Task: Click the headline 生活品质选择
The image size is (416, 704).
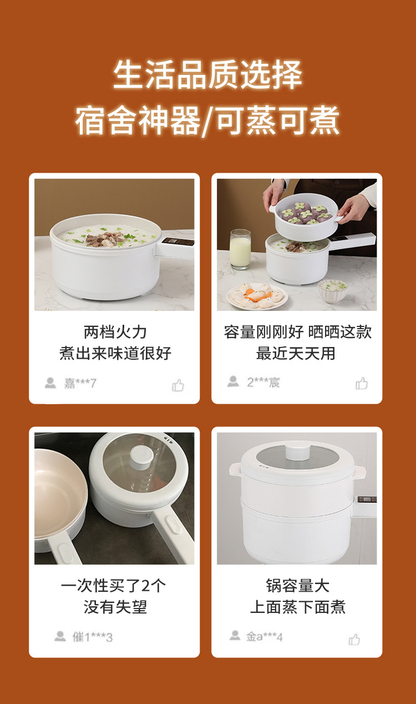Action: coord(207,75)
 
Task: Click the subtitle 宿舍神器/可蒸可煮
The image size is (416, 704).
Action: coord(207,120)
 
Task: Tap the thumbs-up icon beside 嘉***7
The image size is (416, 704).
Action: coord(178,385)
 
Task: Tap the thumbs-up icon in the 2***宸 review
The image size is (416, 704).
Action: coord(362,383)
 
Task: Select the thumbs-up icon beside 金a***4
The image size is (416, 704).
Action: coord(354,639)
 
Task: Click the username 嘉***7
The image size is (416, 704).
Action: coord(80,383)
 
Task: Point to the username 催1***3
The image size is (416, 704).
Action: coord(92,637)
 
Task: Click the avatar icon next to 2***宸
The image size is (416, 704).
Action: coord(233,381)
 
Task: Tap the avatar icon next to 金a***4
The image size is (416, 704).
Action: coord(235,635)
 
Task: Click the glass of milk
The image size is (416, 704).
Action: coord(240,249)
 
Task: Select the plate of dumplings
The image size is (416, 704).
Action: coord(257,296)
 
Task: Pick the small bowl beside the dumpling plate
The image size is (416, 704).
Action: coord(333,291)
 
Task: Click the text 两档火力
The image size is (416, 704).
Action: coord(115,332)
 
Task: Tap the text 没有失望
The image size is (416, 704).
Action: coord(115,607)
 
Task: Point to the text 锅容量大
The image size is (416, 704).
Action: coord(298,585)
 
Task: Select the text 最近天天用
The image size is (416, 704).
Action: coord(296,353)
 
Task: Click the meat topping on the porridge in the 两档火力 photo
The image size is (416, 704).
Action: coord(105,239)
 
